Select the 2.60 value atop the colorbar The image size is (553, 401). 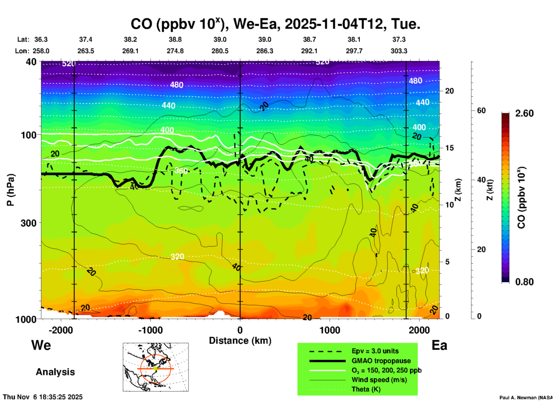coord(524,113)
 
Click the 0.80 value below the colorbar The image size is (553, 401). coord(524,282)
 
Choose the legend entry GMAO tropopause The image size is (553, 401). coord(381,361)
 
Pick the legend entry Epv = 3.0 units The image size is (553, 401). coord(375,351)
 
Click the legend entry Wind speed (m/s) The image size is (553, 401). coord(379,380)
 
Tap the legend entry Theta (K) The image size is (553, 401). coord(366,389)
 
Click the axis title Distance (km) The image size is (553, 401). coord(240,341)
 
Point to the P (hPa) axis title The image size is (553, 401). coord(11,190)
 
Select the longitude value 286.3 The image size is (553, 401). coord(264,51)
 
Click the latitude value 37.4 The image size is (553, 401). coord(86,39)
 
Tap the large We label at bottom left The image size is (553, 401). coord(41,345)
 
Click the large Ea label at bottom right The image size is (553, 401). coord(439,345)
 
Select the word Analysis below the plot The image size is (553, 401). coord(55,372)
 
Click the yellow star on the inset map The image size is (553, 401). coord(156,368)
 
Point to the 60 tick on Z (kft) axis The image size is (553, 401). coord(481,110)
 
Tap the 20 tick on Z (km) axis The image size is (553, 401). coord(449,91)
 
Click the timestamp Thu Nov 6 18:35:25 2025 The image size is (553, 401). coord(43,397)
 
